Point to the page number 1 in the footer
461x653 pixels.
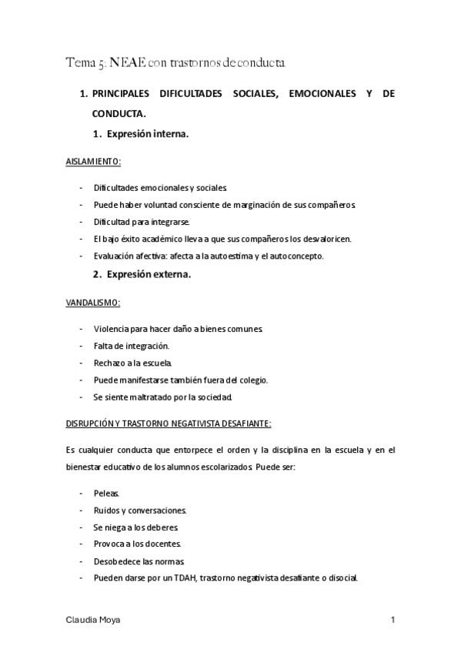pyautogui.click(x=393, y=619)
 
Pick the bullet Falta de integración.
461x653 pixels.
pyautogui.click(x=131, y=347)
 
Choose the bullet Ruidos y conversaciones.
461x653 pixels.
pyautogui.click(x=139, y=510)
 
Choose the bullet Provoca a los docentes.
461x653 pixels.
pyautogui.click(x=132, y=544)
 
